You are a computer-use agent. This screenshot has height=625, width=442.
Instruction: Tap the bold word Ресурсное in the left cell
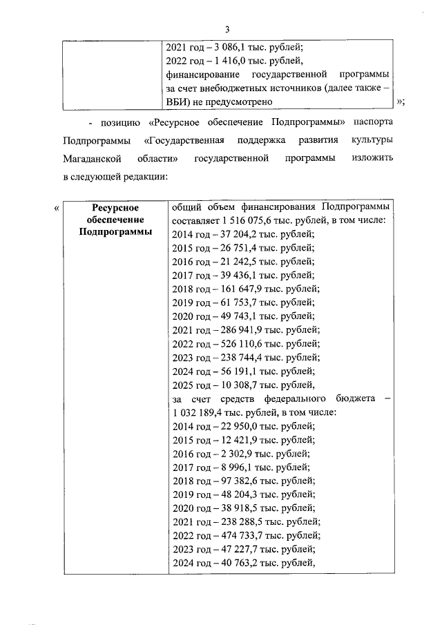(x=115, y=207)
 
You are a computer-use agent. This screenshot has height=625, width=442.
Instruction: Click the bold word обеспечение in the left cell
(x=115, y=220)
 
